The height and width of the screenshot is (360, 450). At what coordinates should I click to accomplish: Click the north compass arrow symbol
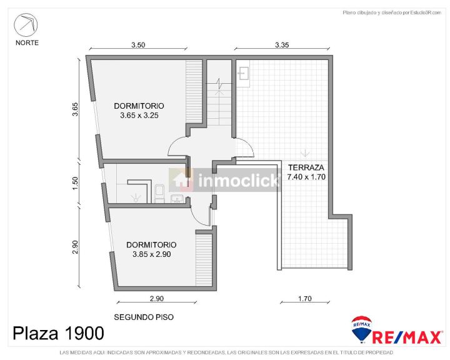point(26,24)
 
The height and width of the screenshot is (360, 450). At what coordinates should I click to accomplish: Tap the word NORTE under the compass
point(27,42)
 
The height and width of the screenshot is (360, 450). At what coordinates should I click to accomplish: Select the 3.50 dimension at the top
point(138,45)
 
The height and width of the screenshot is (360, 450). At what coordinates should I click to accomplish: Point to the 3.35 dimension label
point(282,45)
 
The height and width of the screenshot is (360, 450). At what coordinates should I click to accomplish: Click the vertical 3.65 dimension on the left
point(75,109)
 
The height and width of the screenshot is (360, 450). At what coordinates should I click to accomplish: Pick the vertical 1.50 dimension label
point(75,183)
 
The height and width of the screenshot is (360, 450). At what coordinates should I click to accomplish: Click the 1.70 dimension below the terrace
point(305,299)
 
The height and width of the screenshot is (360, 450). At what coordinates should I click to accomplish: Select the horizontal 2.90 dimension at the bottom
point(157,299)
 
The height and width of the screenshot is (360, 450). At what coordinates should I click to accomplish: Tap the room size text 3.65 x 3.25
point(139,116)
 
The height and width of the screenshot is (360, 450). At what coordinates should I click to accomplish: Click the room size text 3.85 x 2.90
point(151,254)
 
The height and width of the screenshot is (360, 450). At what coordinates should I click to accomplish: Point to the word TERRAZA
point(306,167)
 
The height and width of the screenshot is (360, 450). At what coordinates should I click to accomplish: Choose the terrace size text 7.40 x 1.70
point(306,177)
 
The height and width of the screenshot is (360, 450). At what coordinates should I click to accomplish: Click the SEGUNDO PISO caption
point(144,317)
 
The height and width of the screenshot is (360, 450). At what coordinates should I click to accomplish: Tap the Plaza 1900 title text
point(58,334)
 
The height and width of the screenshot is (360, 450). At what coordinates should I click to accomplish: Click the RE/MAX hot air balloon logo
point(362,329)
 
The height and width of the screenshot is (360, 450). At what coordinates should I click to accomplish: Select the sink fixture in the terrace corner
point(244,73)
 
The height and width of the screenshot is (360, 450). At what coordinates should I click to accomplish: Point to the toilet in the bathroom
point(159,194)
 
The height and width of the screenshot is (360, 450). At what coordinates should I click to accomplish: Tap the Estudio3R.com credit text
point(426,12)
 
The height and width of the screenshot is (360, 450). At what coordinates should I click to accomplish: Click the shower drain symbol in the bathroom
point(134,197)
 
